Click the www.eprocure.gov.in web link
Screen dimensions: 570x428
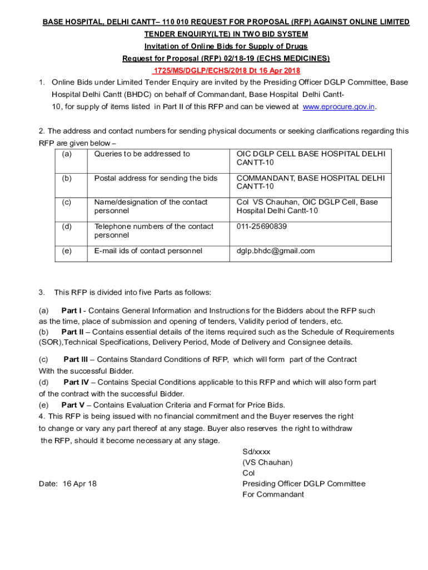click(x=339, y=106)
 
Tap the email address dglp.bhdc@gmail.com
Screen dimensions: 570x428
click(x=276, y=250)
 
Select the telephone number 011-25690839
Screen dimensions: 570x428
click(x=262, y=226)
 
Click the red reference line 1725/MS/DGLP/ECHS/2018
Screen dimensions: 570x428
click(x=226, y=71)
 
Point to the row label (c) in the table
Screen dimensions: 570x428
click(x=67, y=202)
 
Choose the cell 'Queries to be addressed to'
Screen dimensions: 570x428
click(x=142, y=154)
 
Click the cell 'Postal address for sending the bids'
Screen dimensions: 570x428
click(x=156, y=178)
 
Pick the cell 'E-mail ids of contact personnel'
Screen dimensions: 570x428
click(x=148, y=250)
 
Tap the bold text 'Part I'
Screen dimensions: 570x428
click(x=71, y=311)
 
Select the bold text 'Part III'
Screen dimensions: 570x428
click(x=77, y=360)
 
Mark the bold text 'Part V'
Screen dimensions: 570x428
click(x=72, y=405)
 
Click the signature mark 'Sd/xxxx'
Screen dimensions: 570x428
click(x=256, y=452)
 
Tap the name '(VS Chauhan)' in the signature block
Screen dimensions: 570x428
click(x=267, y=462)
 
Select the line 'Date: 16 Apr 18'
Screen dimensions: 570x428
click(x=68, y=484)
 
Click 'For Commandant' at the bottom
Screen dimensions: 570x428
click(x=273, y=494)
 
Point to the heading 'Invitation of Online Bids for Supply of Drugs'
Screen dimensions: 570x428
click(x=226, y=46)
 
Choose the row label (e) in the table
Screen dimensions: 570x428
click(x=67, y=250)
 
